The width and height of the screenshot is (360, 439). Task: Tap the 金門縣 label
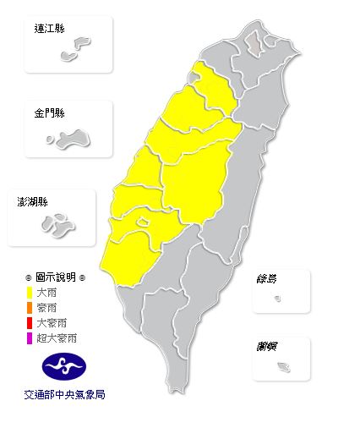point(49,112)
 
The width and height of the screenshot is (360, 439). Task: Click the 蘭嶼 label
point(270,346)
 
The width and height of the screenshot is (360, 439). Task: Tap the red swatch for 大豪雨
point(30,323)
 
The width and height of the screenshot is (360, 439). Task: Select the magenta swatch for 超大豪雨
point(30,338)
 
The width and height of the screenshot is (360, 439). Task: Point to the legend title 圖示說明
point(55,277)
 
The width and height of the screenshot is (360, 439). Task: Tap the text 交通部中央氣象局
point(64,394)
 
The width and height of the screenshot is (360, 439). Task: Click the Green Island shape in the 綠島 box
point(279,299)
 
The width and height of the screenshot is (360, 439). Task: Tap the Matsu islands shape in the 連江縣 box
point(77,47)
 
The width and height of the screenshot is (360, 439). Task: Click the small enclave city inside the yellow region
point(145,222)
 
